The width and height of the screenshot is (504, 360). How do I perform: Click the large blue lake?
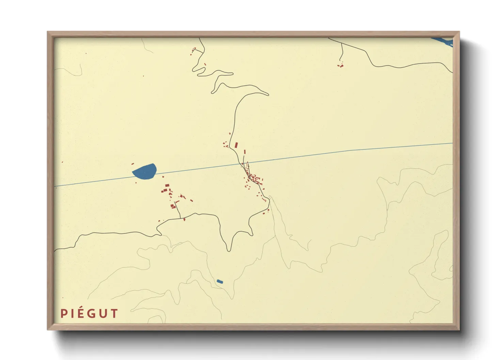click(144, 171)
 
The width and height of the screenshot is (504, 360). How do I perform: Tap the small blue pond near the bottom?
click(220, 281)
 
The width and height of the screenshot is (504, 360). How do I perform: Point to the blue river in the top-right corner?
click(443, 42)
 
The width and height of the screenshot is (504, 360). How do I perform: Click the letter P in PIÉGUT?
click(63, 313)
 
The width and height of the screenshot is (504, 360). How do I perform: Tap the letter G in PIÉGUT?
click(90, 313)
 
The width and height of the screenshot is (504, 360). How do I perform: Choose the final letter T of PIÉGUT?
click(114, 313)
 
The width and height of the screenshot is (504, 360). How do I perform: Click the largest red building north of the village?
click(236, 145)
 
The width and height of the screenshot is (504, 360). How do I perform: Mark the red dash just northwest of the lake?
click(132, 164)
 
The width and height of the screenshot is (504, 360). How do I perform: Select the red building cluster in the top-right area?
click(340, 65)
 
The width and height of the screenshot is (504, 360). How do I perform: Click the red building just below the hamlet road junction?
click(184, 219)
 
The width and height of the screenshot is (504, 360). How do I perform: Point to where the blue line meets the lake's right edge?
click(156, 173)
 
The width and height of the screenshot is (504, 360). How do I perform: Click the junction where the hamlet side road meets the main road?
click(180, 218)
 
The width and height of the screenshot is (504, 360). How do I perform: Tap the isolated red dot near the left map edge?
click(62, 162)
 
